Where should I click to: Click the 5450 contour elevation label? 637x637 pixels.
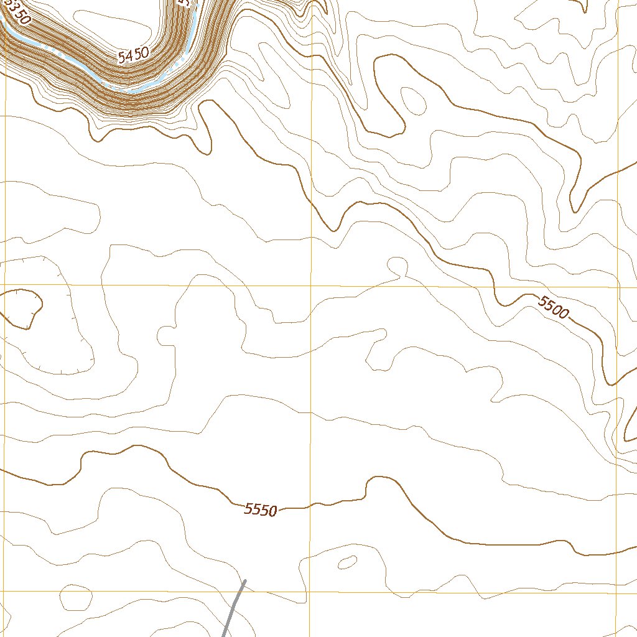tap(133, 56)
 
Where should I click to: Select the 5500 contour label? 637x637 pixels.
tap(553, 307)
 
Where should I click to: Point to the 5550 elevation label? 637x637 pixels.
tap(260, 509)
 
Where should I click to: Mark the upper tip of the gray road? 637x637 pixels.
tap(245, 581)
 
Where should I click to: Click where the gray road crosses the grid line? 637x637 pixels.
tap(241, 591)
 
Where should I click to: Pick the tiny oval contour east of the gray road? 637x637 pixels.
tap(346, 562)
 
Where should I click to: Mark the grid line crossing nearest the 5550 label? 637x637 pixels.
tap(310, 592)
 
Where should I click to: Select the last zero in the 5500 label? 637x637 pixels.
tap(563, 313)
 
